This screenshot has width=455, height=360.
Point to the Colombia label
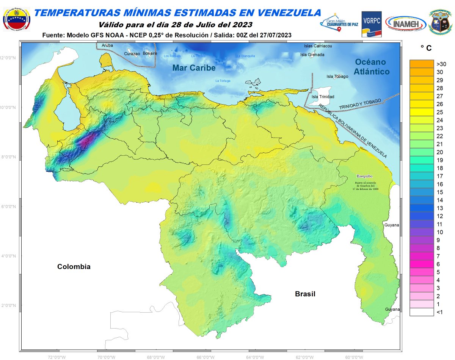74,267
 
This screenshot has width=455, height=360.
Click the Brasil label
305,294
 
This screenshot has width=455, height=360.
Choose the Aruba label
107,45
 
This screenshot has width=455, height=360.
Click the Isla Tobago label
337,77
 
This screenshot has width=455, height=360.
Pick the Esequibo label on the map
364,176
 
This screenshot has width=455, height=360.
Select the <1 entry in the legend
440,312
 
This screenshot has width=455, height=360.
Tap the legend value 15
440,192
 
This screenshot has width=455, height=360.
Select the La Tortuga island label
223,81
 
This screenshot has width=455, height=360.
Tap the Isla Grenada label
312,55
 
